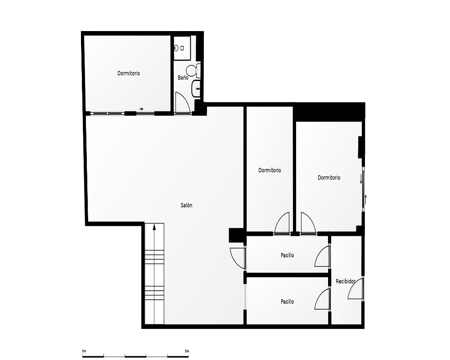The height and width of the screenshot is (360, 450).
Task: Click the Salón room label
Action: pos(186,205)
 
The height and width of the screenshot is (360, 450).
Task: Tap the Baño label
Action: pos(183,77)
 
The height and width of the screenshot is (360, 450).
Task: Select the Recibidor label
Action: pos(346,281)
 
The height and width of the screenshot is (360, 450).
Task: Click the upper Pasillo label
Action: pos(287,255)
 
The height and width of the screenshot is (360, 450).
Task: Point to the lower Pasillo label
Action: pos(287,301)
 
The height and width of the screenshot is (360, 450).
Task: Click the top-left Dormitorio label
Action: pos(129,73)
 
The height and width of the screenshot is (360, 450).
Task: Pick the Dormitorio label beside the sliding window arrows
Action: pos(329,178)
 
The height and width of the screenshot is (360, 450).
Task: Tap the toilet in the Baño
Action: pos(193,71)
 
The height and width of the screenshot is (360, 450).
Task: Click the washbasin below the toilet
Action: pos(196,89)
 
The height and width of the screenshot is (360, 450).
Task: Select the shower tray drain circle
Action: pos(176,48)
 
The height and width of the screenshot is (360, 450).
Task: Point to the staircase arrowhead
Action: pos(154,227)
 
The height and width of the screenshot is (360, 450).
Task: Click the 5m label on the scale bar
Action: pos(187,351)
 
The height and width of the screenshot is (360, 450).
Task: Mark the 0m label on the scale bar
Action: pos(84,351)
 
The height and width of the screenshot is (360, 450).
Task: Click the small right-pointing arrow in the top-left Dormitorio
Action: pos(141,109)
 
